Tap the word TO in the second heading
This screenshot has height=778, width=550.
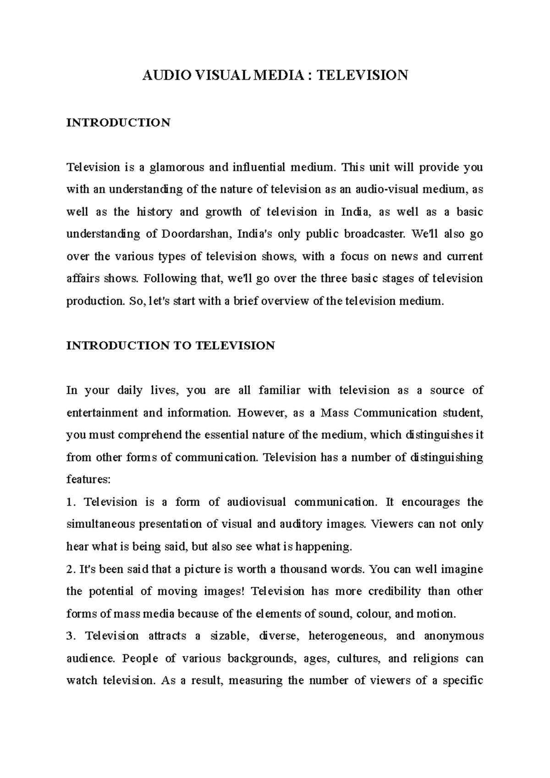(x=182, y=345)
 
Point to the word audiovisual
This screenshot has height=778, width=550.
(x=256, y=502)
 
